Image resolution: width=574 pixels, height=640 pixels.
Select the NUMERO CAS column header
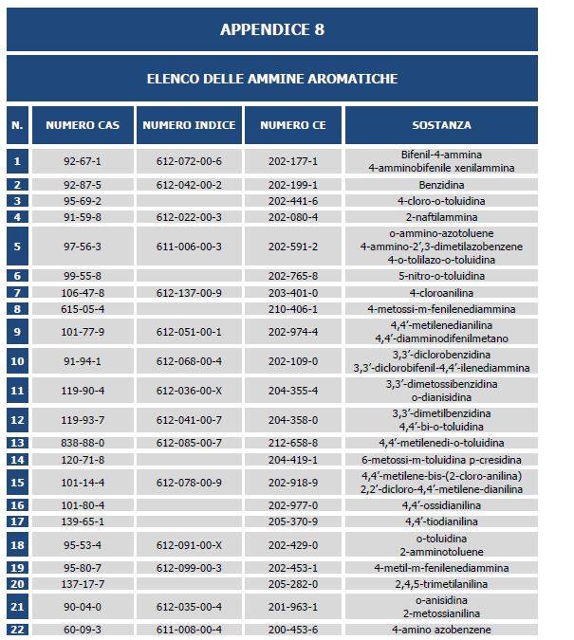click(83, 125)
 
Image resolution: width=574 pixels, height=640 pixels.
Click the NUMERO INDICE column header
click(189, 125)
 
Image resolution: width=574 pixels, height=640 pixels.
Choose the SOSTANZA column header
click(441, 125)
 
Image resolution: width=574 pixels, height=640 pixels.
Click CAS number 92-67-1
click(83, 161)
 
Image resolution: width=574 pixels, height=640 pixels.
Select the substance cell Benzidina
click(441, 185)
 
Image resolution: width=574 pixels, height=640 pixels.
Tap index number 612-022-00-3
click(189, 217)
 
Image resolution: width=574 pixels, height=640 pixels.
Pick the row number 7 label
click(17, 293)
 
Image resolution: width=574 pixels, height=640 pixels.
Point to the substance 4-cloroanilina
click(441, 293)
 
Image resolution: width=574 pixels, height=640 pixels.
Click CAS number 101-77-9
click(83, 332)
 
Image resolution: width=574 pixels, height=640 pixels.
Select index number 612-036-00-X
click(189, 391)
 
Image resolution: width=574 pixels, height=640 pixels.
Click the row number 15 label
click(17, 483)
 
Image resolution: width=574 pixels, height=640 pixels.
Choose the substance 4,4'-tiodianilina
click(441, 521)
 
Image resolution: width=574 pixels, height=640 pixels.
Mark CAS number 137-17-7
click(83, 584)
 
